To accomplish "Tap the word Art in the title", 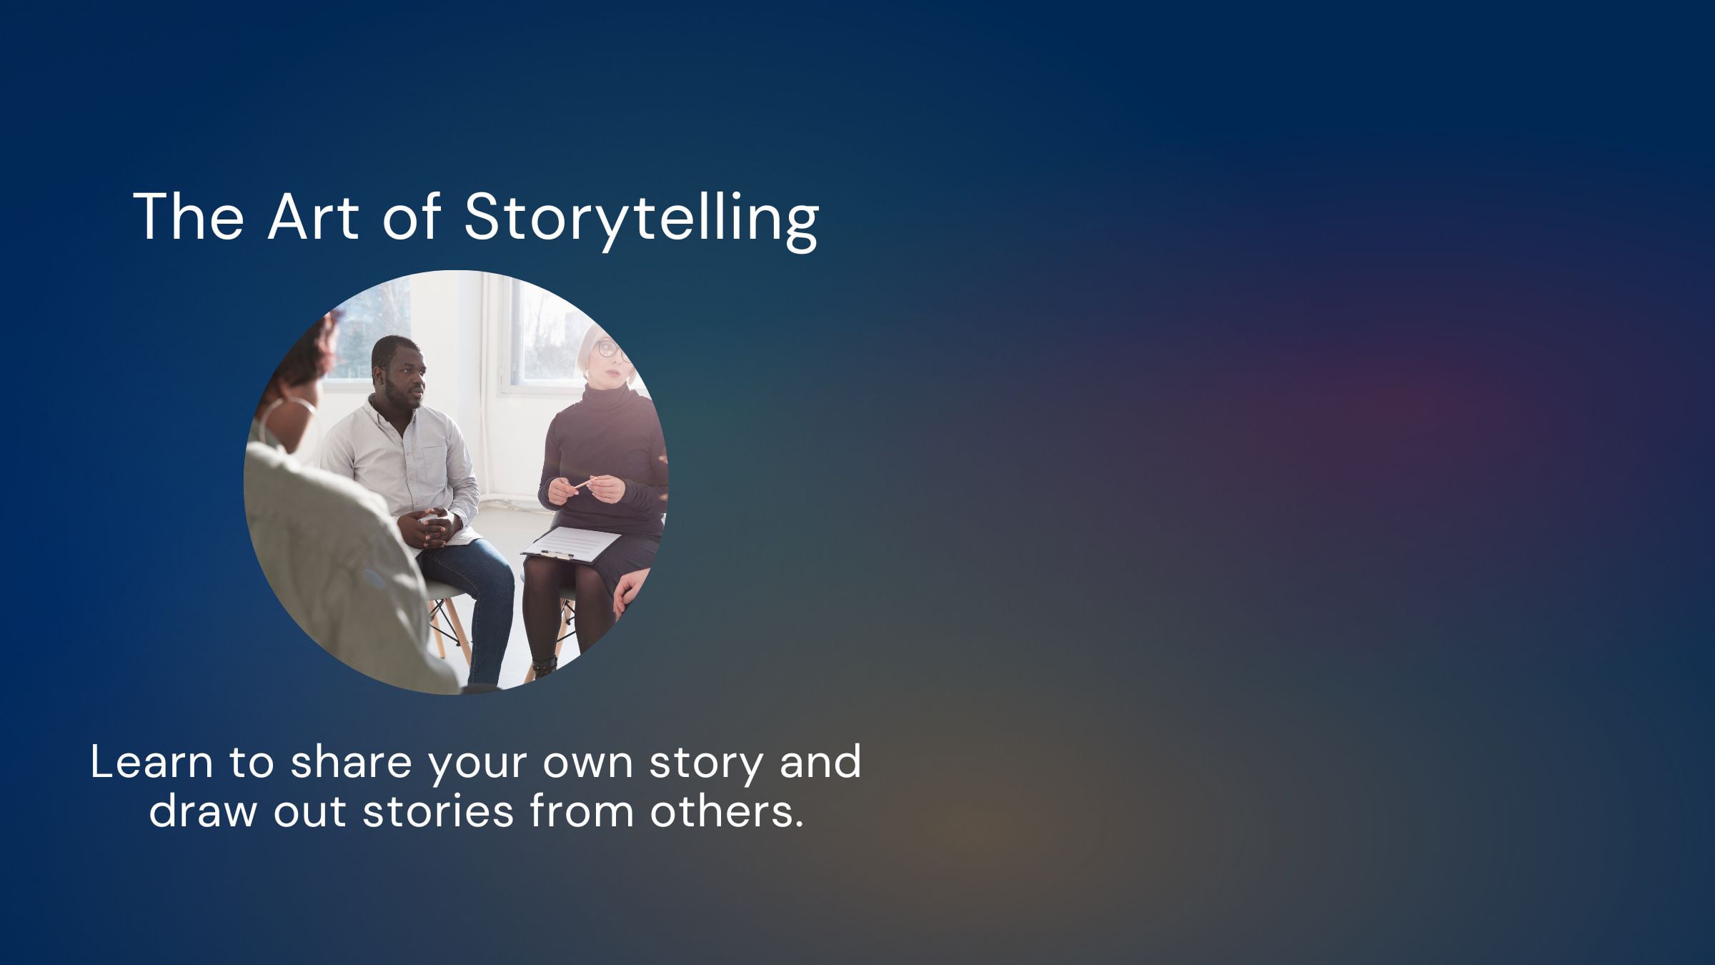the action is pyautogui.click(x=313, y=216).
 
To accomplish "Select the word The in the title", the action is pyautogui.click(x=189, y=216).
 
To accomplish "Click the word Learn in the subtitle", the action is pyautogui.click(x=151, y=762).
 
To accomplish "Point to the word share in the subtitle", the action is pyautogui.click(x=351, y=762).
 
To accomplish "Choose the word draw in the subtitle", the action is pyautogui.click(x=203, y=811).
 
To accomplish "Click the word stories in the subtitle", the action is pyautogui.click(x=438, y=811).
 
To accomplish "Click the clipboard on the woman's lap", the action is pyautogui.click(x=571, y=545).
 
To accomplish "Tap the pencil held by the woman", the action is pyautogui.click(x=584, y=484).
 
